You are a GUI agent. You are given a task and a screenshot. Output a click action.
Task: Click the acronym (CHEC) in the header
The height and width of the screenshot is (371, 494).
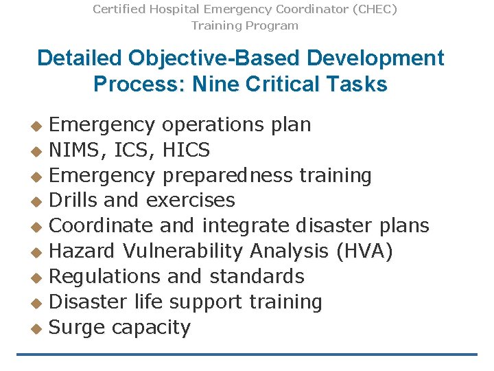click(x=372, y=9)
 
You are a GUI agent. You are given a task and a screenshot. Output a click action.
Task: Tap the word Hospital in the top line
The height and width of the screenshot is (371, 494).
click(x=167, y=9)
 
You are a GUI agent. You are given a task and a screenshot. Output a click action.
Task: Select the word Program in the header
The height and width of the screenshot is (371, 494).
click(x=274, y=25)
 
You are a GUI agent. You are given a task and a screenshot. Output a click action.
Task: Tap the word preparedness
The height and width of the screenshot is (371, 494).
click(x=228, y=176)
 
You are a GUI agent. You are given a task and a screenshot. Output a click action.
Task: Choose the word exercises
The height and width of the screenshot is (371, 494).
click(x=191, y=201)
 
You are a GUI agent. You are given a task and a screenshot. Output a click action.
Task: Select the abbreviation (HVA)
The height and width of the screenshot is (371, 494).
click(x=364, y=251)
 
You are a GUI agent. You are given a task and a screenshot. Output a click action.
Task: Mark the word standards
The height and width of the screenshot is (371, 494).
click(x=257, y=277)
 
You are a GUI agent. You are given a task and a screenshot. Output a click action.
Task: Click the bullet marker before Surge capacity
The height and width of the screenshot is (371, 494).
click(x=37, y=328)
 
